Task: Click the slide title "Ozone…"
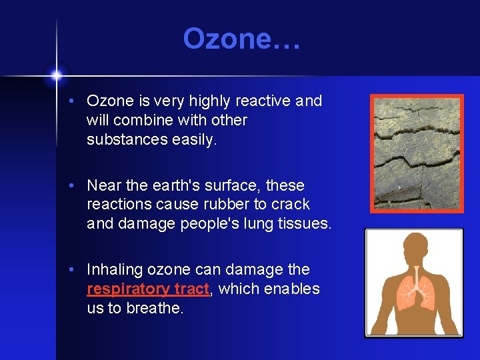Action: [x=241, y=39]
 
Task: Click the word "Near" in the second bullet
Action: [x=103, y=185]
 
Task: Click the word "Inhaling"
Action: [x=115, y=269]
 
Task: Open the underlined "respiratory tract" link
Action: [x=148, y=289]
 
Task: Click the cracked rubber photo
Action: [x=417, y=153]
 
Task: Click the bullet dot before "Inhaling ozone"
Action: [x=79, y=270]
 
